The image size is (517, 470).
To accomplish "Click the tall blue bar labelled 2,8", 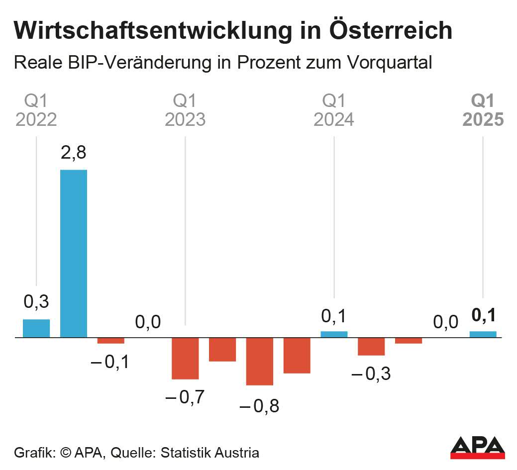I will [x=74, y=253].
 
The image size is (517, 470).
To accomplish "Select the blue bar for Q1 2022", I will [x=36, y=328].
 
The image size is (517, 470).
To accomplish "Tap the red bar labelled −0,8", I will [x=260, y=361].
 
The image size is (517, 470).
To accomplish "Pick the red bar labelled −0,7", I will [x=185, y=358].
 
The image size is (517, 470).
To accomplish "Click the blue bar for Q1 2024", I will [x=334, y=334].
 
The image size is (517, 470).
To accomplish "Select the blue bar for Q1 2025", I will [x=483, y=334].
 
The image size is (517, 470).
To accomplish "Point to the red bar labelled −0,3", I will [x=371, y=346].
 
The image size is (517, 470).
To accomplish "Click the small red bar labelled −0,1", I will [x=110, y=341].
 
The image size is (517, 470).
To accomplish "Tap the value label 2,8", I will [x=74, y=153].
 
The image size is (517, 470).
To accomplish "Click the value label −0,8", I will [x=259, y=406].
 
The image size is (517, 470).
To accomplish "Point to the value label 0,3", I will [x=36, y=301].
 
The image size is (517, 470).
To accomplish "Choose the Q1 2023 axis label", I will [x=185, y=111].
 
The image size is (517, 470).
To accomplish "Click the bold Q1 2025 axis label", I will [x=483, y=111].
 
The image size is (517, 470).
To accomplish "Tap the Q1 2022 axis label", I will [x=36, y=111].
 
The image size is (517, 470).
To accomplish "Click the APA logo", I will [x=477, y=447].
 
